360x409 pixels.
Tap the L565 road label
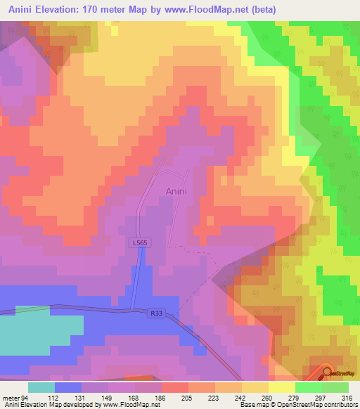pos(139,242)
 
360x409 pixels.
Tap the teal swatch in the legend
pos(41,387)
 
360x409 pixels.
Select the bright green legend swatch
pos(308,387)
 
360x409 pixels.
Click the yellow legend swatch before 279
pos(281,387)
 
